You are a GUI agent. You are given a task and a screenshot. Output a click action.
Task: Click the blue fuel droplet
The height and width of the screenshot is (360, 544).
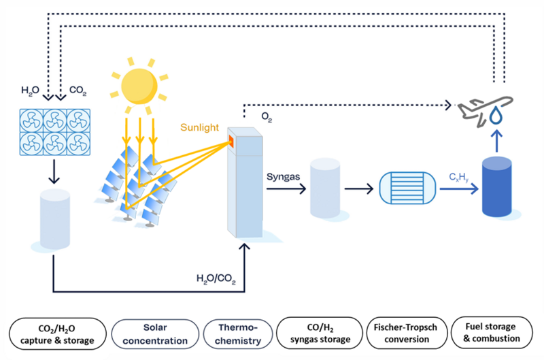point(498,118)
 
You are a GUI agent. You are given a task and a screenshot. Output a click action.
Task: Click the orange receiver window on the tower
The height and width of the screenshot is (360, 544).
point(231,141)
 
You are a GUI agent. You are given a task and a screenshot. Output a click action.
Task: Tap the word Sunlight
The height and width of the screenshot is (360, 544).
point(199,127)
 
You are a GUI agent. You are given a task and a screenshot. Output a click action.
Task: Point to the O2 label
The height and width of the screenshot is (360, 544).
point(267,116)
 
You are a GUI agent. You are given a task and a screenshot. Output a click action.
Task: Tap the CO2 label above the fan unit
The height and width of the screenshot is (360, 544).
point(77,90)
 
